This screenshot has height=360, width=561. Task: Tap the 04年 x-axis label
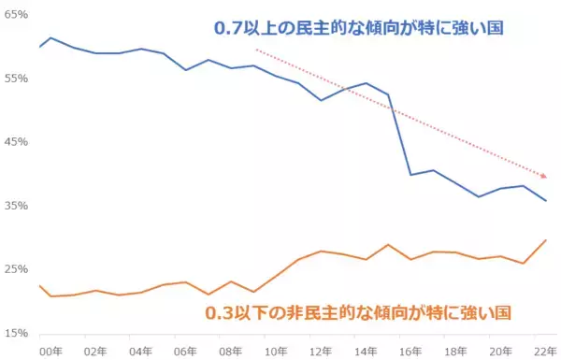[x=140, y=351]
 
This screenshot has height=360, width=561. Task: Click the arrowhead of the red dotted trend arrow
[x=544, y=175]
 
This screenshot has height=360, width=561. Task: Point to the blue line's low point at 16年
[x=410, y=175]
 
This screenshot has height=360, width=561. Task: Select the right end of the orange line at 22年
[x=546, y=240]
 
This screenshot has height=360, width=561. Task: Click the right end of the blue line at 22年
[x=546, y=200]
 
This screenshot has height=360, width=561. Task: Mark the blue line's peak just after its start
[x=50, y=38]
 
